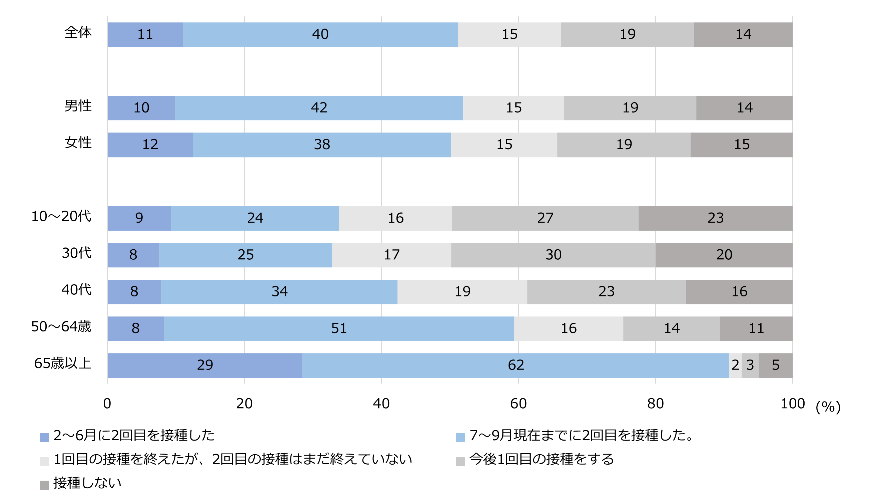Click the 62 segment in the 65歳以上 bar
pyautogui.click(x=516, y=365)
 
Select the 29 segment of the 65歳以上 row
pyautogui.click(x=205, y=365)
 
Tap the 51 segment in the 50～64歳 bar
pyautogui.click(x=339, y=328)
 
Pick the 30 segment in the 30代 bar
pyautogui.click(x=553, y=255)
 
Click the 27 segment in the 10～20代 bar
pyautogui.click(x=545, y=218)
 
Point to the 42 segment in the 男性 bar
pyautogui.click(x=319, y=108)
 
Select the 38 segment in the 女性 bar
pyautogui.click(x=321, y=144)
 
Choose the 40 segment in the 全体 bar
pyautogui.click(x=320, y=34)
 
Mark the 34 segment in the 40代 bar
pyautogui.click(x=279, y=292)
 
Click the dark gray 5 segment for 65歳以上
pyautogui.click(x=776, y=365)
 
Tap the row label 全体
pyautogui.click(x=78, y=32)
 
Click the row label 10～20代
pyautogui.click(x=61, y=216)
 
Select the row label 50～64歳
pyautogui.click(x=61, y=327)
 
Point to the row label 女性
pyautogui.click(x=78, y=143)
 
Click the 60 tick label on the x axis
pyautogui.click(x=518, y=404)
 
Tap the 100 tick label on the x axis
pyautogui.click(x=792, y=404)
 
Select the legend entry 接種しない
pyautogui.click(x=87, y=483)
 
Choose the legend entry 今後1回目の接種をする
pyautogui.click(x=542, y=459)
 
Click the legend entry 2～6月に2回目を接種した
pyautogui.click(x=134, y=435)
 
